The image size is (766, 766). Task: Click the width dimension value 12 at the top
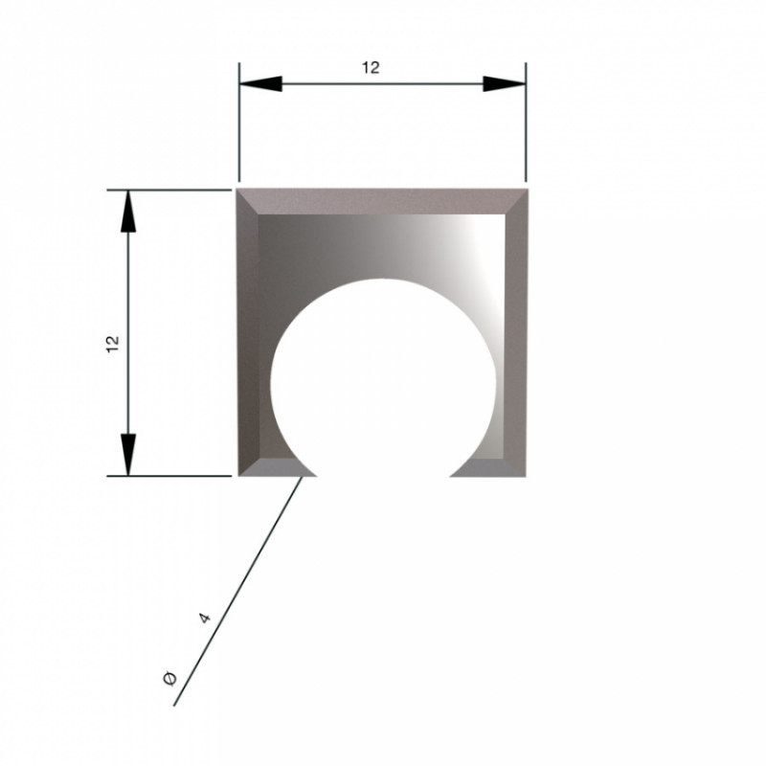(x=371, y=67)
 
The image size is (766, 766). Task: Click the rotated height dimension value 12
(x=113, y=345)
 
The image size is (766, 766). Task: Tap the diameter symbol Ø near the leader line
(x=169, y=679)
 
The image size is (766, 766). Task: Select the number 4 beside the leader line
(x=205, y=618)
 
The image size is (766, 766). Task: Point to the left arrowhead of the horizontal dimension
(x=260, y=84)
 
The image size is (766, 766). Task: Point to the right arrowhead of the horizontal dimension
(x=505, y=84)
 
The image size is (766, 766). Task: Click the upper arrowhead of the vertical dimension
(x=128, y=211)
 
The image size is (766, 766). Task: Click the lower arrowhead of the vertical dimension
(x=128, y=454)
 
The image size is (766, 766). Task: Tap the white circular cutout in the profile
(x=384, y=381)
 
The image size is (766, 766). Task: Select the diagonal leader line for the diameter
(x=237, y=591)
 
